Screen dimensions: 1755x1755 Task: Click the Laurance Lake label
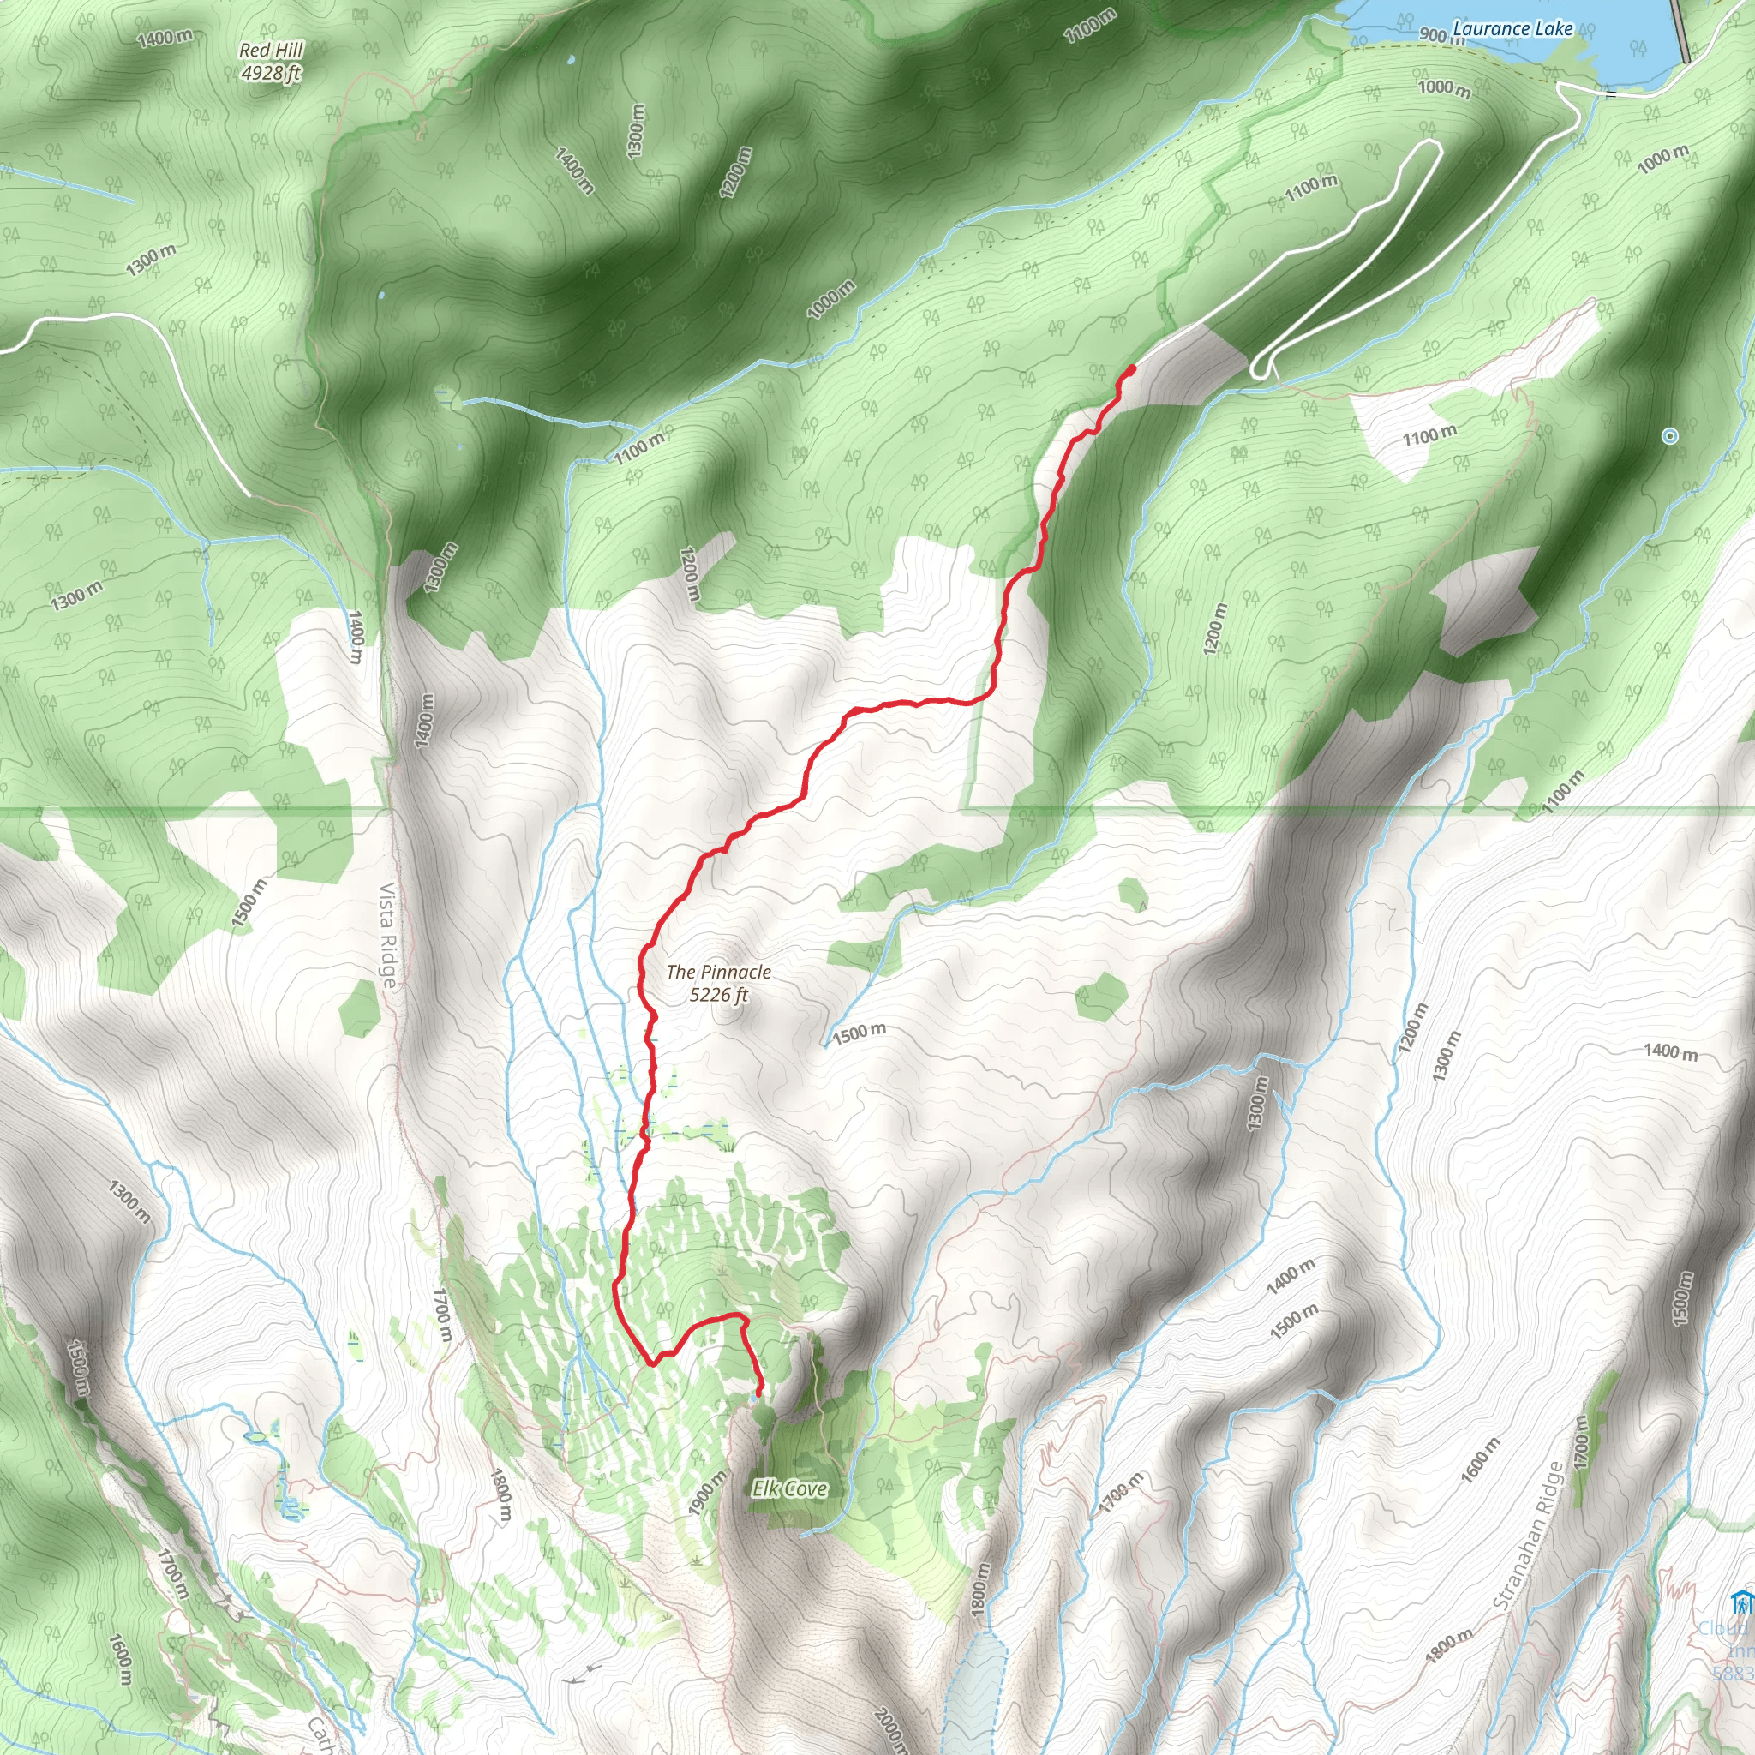[x=1512, y=28]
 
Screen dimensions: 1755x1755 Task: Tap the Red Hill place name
[x=271, y=50]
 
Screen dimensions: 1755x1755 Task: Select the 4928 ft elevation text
[x=271, y=73]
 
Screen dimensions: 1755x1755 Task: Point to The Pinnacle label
[x=718, y=972]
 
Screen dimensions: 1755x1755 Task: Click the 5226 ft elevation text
[x=718, y=995]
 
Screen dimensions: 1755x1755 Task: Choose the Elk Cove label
[x=789, y=1488]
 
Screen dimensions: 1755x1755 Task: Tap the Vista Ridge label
[x=388, y=935]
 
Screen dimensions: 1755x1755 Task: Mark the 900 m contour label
[x=1440, y=36]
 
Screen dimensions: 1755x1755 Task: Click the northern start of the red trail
[x=1131, y=368]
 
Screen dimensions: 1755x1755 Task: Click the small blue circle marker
[x=1669, y=436]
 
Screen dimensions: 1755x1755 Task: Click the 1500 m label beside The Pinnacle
[x=860, y=1033]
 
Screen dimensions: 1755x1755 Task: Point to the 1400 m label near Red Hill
[x=165, y=37]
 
